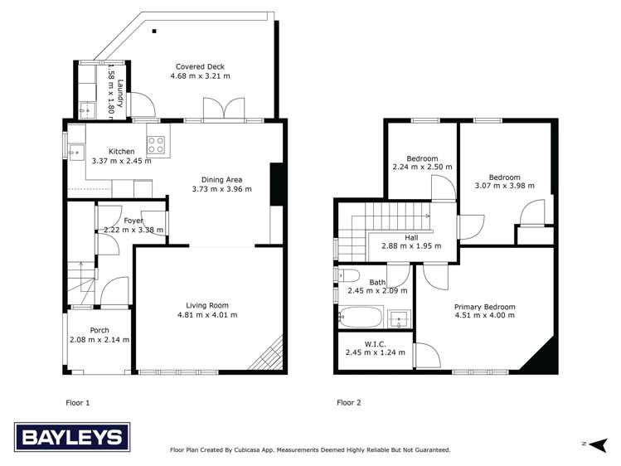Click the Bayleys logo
(x=72, y=437)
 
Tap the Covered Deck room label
(x=200, y=66)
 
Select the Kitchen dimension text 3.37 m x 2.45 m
(x=122, y=161)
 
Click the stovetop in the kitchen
(x=155, y=146)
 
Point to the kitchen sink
(x=75, y=152)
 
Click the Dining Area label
(x=221, y=178)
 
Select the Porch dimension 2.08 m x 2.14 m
(x=99, y=339)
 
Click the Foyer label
(x=133, y=221)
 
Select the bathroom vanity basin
(x=399, y=318)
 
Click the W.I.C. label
(x=375, y=342)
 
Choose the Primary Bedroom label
(x=484, y=307)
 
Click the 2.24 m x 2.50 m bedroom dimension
(x=422, y=167)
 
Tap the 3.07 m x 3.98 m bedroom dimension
(x=504, y=186)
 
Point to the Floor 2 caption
(x=349, y=402)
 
